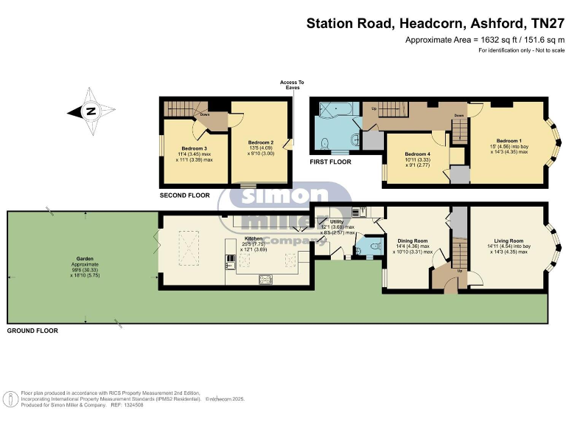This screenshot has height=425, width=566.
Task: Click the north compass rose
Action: (x=91, y=112)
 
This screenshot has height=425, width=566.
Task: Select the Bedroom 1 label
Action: (x=509, y=140)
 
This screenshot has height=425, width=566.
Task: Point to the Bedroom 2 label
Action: (x=260, y=142)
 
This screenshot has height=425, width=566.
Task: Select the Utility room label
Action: (x=337, y=221)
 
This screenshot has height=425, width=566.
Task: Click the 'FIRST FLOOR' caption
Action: (x=330, y=162)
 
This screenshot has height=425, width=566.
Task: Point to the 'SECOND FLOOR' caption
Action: (x=184, y=196)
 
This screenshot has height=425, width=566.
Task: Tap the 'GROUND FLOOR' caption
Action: (x=32, y=331)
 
